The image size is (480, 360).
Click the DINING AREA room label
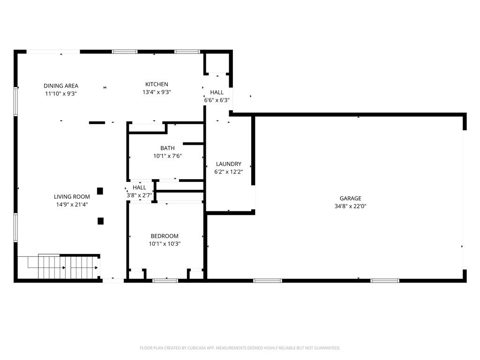pyautogui.click(x=61, y=86)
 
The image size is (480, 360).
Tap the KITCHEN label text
pyautogui.click(x=157, y=84)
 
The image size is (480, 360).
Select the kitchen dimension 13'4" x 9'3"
pyautogui.click(x=157, y=92)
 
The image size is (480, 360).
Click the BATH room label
pyautogui.click(x=167, y=148)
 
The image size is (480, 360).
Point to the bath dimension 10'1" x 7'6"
pyautogui.click(x=167, y=156)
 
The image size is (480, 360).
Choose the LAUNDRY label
pyautogui.click(x=229, y=164)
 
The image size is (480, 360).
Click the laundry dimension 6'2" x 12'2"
pyautogui.click(x=229, y=172)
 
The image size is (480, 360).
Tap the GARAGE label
pyautogui.click(x=351, y=198)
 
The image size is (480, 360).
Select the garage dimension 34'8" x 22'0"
pyautogui.click(x=351, y=206)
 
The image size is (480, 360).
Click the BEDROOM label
pyautogui.click(x=165, y=236)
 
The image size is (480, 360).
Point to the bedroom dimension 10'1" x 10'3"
pyautogui.click(x=165, y=244)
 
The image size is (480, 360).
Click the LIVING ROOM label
pyautogui.click(x=72, y=197)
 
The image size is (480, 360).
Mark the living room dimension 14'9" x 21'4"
pyautogui.click(x=72, y=204)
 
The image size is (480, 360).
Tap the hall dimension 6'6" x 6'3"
pyautogui.click(x=217, y=100)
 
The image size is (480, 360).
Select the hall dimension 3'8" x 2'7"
pyautogui.click(x=139, y=195)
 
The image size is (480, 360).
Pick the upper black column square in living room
pyautogui.click(x=100, y=191)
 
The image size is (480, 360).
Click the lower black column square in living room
pyautogui.click(x=100, y=220)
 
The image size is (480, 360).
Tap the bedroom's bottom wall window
pyautogui.click(x=165, y=280)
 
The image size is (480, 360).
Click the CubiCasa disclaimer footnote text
pyautogui.click(x=240, y=348)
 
